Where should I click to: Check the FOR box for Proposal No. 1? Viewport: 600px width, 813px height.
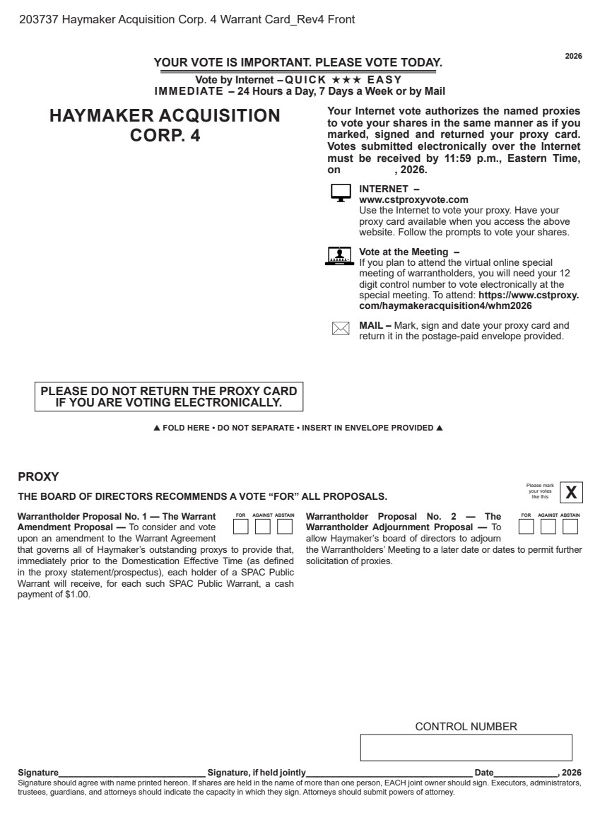click(x=240, y=527)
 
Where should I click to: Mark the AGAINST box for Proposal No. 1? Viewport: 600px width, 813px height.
click(x=262, y=527)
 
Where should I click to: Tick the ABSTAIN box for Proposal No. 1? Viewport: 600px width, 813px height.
click(x=285, y=527)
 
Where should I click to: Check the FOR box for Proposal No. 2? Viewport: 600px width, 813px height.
click(x=526, y=527)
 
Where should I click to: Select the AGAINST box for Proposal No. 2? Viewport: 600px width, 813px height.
click(x=548, y=527)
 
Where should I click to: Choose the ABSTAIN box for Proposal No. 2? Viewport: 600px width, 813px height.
click(x=570, y=527)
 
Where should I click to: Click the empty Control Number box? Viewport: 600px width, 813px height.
click(x=466, y=747)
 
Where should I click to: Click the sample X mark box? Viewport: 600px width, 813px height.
click(x=571, y=492)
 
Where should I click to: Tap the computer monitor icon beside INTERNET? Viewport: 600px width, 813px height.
click(x=341, y=193)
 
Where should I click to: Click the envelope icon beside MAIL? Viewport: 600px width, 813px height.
click(x=341, y=329)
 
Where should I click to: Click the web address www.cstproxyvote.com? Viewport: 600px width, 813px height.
click(x=413, y=200)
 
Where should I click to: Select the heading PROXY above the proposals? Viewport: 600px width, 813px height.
click(x=38, y=477)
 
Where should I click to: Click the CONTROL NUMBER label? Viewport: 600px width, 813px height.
click(x=466, y=727)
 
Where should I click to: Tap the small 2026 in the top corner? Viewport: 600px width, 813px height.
click(x=573, y=56)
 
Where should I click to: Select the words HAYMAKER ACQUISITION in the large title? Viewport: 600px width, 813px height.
click(x=165, y=116)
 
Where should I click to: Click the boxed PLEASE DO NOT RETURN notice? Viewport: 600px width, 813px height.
click(x=169, y=397)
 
